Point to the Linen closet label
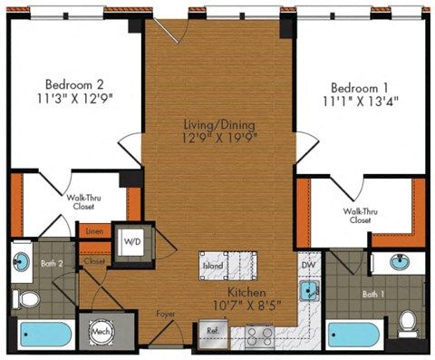(x=93, y=232)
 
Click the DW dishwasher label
(x=307, y=266)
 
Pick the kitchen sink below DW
(x=309, y=290)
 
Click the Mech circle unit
(x=100, y=333)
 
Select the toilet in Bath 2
(x=28, y=297)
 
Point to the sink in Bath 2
(x=21, y=262)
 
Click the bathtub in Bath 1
(x=354, y=333)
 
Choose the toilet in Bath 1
(x=408, y=323)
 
